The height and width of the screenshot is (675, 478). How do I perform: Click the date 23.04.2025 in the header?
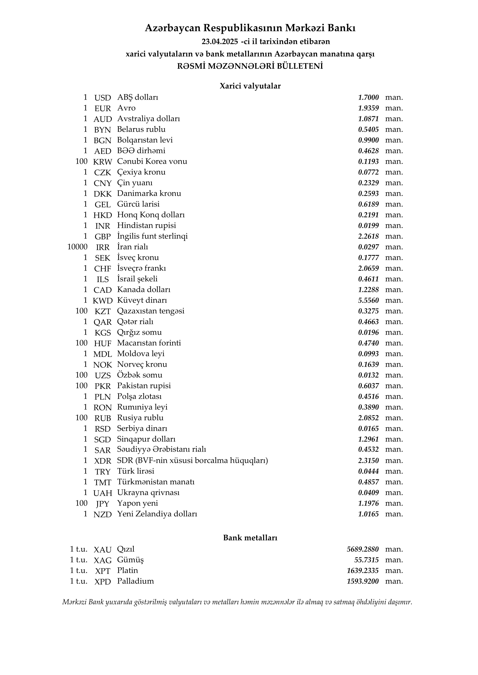pyautogui.click(x=220, y=42)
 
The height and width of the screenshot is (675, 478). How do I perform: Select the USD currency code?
pyautogui.click(x=102, y=98)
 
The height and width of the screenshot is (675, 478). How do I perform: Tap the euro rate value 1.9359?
pyautogui.click(x=368, y=108)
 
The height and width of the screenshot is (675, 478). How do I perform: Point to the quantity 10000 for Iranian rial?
pyautogui.click(x=77, y=247)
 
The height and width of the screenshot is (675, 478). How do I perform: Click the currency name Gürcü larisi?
pyautogui.click(x=138, y=204)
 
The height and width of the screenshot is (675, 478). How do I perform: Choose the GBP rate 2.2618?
pyautogui.click(x=368, y=236)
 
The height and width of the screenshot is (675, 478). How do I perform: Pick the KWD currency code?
pyautogui.click(x=102, y=301)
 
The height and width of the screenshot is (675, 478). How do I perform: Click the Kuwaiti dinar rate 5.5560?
pyautogui.click(x=368, y=301)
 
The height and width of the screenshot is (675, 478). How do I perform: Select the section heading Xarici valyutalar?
pyautogui.click(x=250, y=86)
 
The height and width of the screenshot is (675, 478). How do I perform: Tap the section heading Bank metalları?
pyautogui.click(x=250, y=538)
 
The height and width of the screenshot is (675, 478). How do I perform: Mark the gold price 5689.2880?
pyautogui.click(x=363, y=549)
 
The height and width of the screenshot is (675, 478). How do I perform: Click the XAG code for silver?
pyautogui.click(x=102, y=560)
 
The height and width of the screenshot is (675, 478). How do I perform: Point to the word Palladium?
pyautogui.click(x=135, y=581)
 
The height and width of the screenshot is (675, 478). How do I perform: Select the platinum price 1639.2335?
pyautogui.click(x=363, y=571)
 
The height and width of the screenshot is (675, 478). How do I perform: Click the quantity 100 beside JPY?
pyautogui.click(x=81, y=503)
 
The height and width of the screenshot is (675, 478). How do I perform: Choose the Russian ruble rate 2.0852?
pyautogui.click(x=368, y=418)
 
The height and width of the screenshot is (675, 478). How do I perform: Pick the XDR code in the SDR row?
pyautogui.click(x=102, y=461)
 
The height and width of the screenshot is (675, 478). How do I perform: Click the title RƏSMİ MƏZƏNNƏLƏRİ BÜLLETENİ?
pyautogui.click(x=250, y=66)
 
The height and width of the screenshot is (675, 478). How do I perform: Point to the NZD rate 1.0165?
pyautogui.click(x=368, y=514)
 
